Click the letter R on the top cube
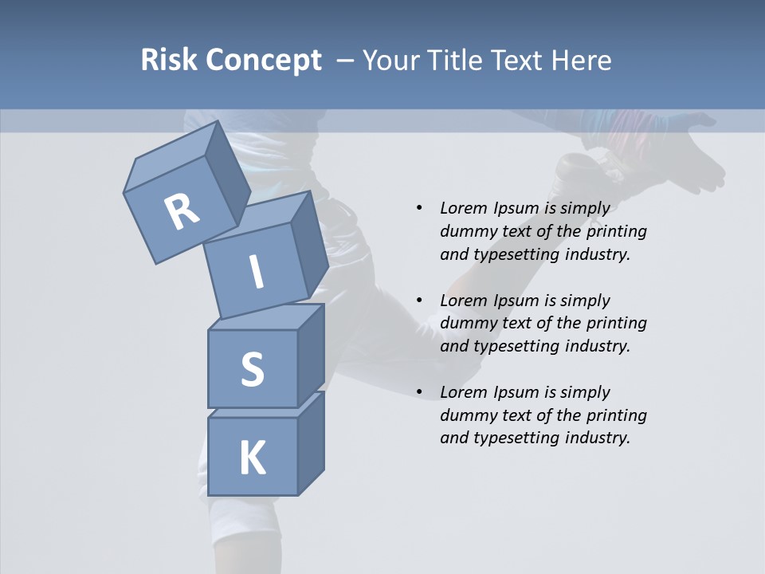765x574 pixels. click(182, 212)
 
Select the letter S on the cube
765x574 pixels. click(252, 369)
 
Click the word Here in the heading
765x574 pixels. click(583, 60)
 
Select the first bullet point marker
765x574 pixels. click(419, 208)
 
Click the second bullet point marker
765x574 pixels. click(419, 301)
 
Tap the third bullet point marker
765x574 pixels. click(419, 392)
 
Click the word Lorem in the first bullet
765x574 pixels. click(463, 208)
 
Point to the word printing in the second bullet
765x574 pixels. click(616, 324)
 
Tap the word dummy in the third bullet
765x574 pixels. click(464, 415)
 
